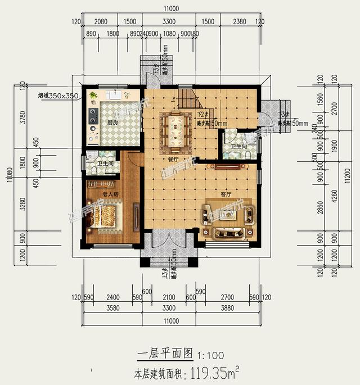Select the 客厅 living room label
226,194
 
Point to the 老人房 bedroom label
110,194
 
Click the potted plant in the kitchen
93,96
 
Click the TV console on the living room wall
228,166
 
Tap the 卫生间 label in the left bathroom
106,164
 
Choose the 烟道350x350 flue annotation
57,96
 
